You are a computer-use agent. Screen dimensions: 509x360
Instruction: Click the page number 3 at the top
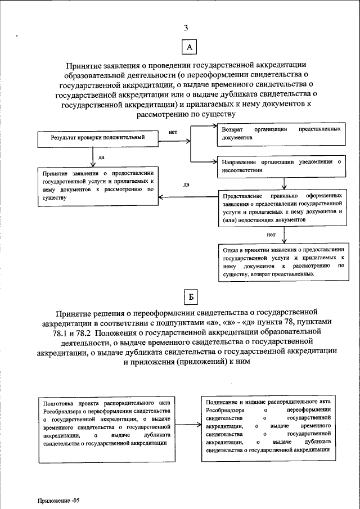186,28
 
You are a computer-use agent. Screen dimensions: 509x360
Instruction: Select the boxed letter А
189,48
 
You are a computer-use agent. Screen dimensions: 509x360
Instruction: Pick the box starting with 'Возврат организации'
280,133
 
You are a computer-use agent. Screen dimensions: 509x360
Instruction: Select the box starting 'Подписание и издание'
268,426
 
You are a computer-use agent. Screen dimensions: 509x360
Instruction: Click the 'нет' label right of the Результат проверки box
173,132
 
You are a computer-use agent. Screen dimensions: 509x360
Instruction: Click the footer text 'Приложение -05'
60,499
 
